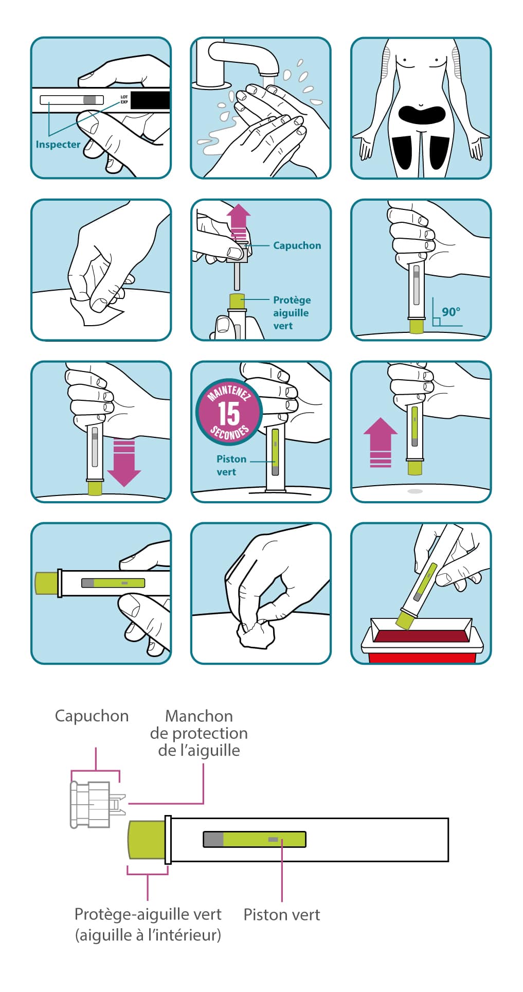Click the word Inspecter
pos(58,145)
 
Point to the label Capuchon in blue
pos(297,245)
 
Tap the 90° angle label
pos(451,312)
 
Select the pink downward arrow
pos(124,463)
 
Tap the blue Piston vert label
pos(230,465)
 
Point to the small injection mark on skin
pos(415,491)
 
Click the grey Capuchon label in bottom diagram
pos(92,716)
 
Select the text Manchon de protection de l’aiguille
pos(199,733)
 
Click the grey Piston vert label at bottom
pos(281,914)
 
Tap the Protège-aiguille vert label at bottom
pos(148,924)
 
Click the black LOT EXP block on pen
pos(150,100)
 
